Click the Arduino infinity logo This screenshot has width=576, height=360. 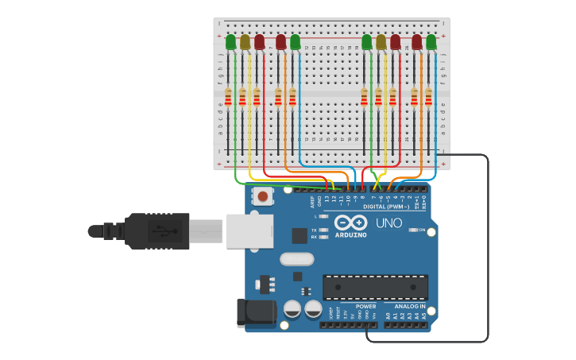point(350,223)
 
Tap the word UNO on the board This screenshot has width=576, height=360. point(389,223)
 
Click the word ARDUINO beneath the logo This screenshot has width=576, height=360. point(350,235)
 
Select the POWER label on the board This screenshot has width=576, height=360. point(365,306)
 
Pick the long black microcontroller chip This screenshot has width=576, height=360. point(375,287)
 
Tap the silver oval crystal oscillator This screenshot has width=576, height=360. point(297,259)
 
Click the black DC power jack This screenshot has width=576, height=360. point(256,312)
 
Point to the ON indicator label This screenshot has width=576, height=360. point(420,230)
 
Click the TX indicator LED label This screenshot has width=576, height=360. point(315,230)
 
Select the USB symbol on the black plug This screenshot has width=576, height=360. point(163,231)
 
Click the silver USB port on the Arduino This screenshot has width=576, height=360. point(249,231)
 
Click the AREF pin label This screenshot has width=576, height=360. point(312,202)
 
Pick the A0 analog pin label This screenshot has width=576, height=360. point(389,315)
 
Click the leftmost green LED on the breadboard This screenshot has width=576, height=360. point(230,41)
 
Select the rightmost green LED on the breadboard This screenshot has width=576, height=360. point(431,41)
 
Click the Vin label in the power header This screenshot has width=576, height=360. point(373,315)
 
